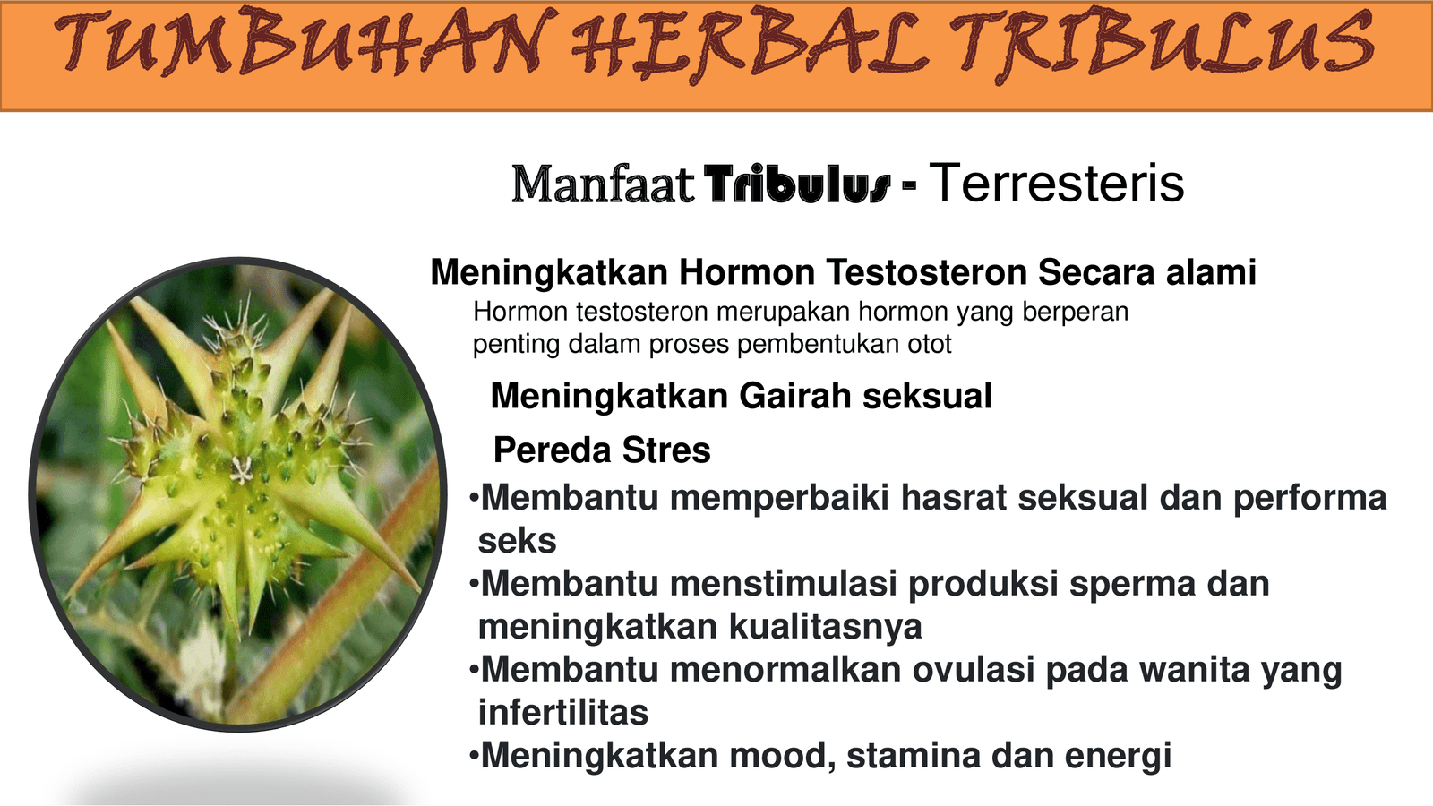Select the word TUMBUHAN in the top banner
click(300, 42)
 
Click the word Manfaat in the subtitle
click(602, 184)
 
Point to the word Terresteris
click(1056, 183)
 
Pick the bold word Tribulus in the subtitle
click(797, 184)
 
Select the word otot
click(930, 344)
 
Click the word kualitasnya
click(825, 627)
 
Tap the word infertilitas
click(563, 712)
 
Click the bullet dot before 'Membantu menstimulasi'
click(474, 584)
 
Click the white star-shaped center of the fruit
click(241, 470)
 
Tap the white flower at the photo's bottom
click(202, 665)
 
